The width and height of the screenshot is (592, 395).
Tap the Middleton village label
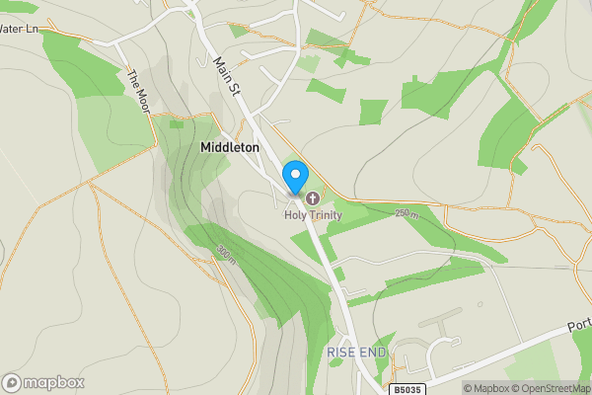coord(229,147)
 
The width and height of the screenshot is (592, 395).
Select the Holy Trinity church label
coord(312,214)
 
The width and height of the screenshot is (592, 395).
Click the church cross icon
coord(314,197)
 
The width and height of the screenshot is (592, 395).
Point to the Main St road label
coord(227,77)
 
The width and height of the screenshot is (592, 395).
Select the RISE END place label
coord(354,353)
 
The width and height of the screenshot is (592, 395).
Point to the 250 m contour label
coord(407,213)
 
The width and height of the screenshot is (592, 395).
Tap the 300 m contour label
coord(225,255)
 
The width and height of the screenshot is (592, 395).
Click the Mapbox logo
coord(43,382)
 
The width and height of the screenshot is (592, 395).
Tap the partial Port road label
coord(579,326)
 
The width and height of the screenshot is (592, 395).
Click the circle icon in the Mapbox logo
coord(12,382)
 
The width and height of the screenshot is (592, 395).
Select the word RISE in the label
coord(340,353)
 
